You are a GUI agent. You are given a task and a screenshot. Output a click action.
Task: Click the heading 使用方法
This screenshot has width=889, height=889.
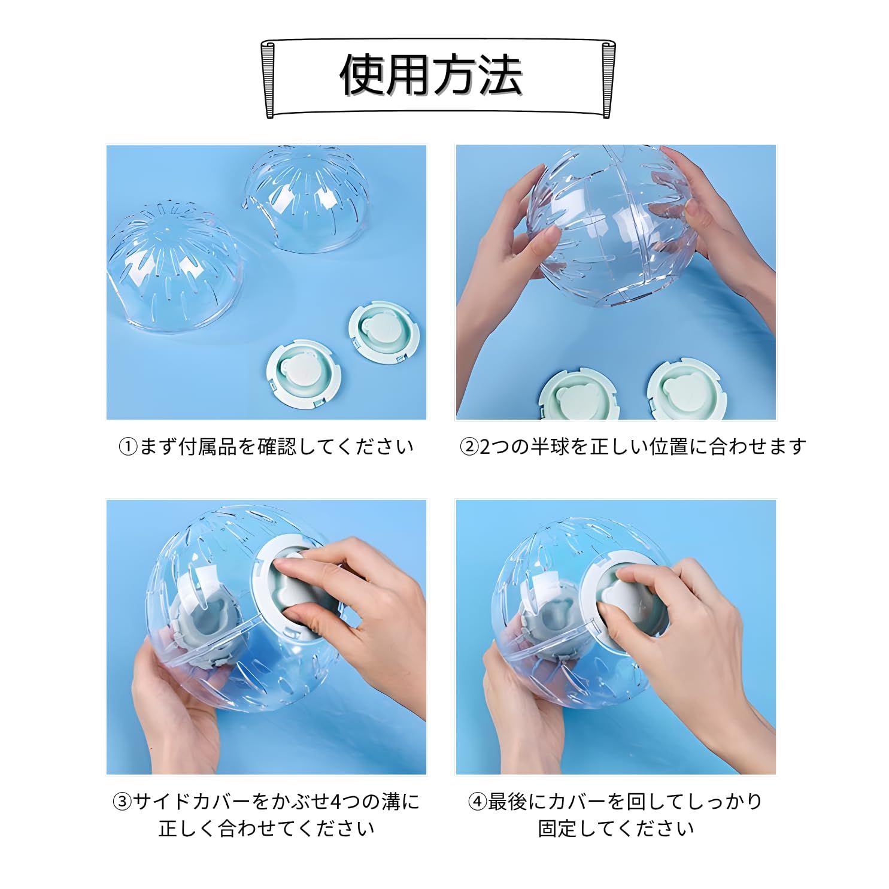[431, 76]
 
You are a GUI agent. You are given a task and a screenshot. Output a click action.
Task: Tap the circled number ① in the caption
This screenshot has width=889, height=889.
[128, 447]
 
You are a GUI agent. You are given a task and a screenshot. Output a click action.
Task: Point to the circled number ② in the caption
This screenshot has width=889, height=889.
[469, 447]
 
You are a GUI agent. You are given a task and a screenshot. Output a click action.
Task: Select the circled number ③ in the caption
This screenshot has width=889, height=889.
[122, 802]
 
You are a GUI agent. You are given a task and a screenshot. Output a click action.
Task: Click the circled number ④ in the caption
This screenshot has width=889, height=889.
[477, 802]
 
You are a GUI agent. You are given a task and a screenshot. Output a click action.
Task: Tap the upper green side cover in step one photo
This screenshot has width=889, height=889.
[383, 333]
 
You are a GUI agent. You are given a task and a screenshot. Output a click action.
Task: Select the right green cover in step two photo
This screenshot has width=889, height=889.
[682, 390]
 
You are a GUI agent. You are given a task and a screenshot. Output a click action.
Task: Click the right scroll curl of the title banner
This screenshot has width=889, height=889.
[607, 78]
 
